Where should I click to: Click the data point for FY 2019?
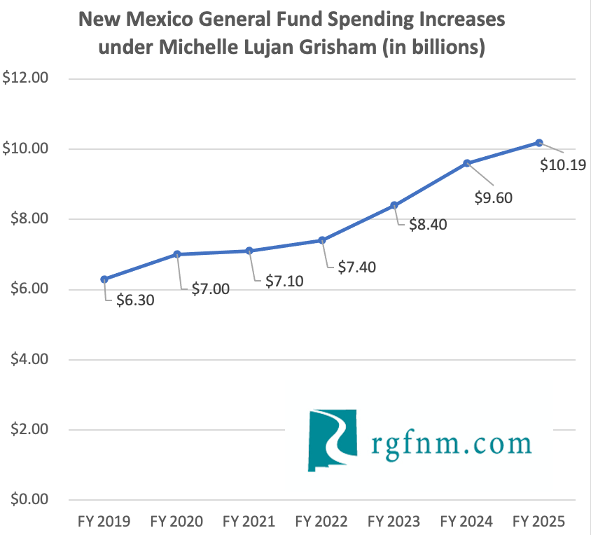click(104, 279)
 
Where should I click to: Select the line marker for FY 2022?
click(322, 240)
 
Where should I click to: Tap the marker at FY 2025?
click(539, 143)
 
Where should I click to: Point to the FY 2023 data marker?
click(394, 205)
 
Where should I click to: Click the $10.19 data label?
click(563, 166)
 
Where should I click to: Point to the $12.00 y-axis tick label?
click(25, 78)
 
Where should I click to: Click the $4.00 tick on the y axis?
click(25, 359)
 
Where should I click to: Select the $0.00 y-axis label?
click(25, 500)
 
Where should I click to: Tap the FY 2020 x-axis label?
click(176, 522)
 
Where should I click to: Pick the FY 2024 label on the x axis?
click(466, 522)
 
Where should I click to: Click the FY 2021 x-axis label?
click(249, 522)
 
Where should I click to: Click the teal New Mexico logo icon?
click(332, 440)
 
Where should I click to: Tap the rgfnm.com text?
click(450, 443)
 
